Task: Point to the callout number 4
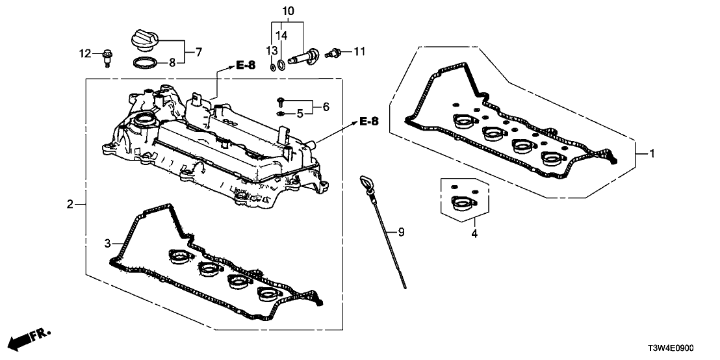474,232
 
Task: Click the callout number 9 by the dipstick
401,231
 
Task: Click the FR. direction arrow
30,338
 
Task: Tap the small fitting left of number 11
335,51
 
